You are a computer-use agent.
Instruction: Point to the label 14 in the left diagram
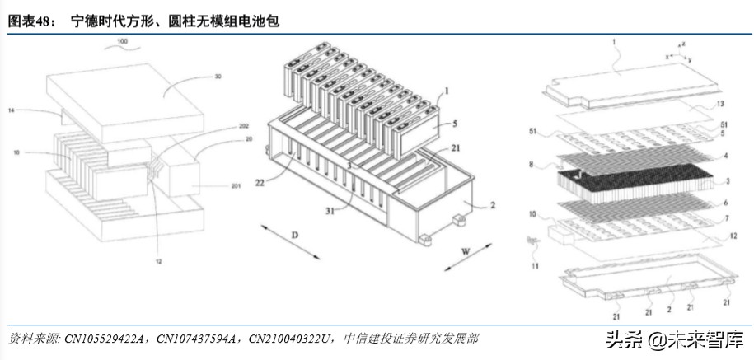12,110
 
